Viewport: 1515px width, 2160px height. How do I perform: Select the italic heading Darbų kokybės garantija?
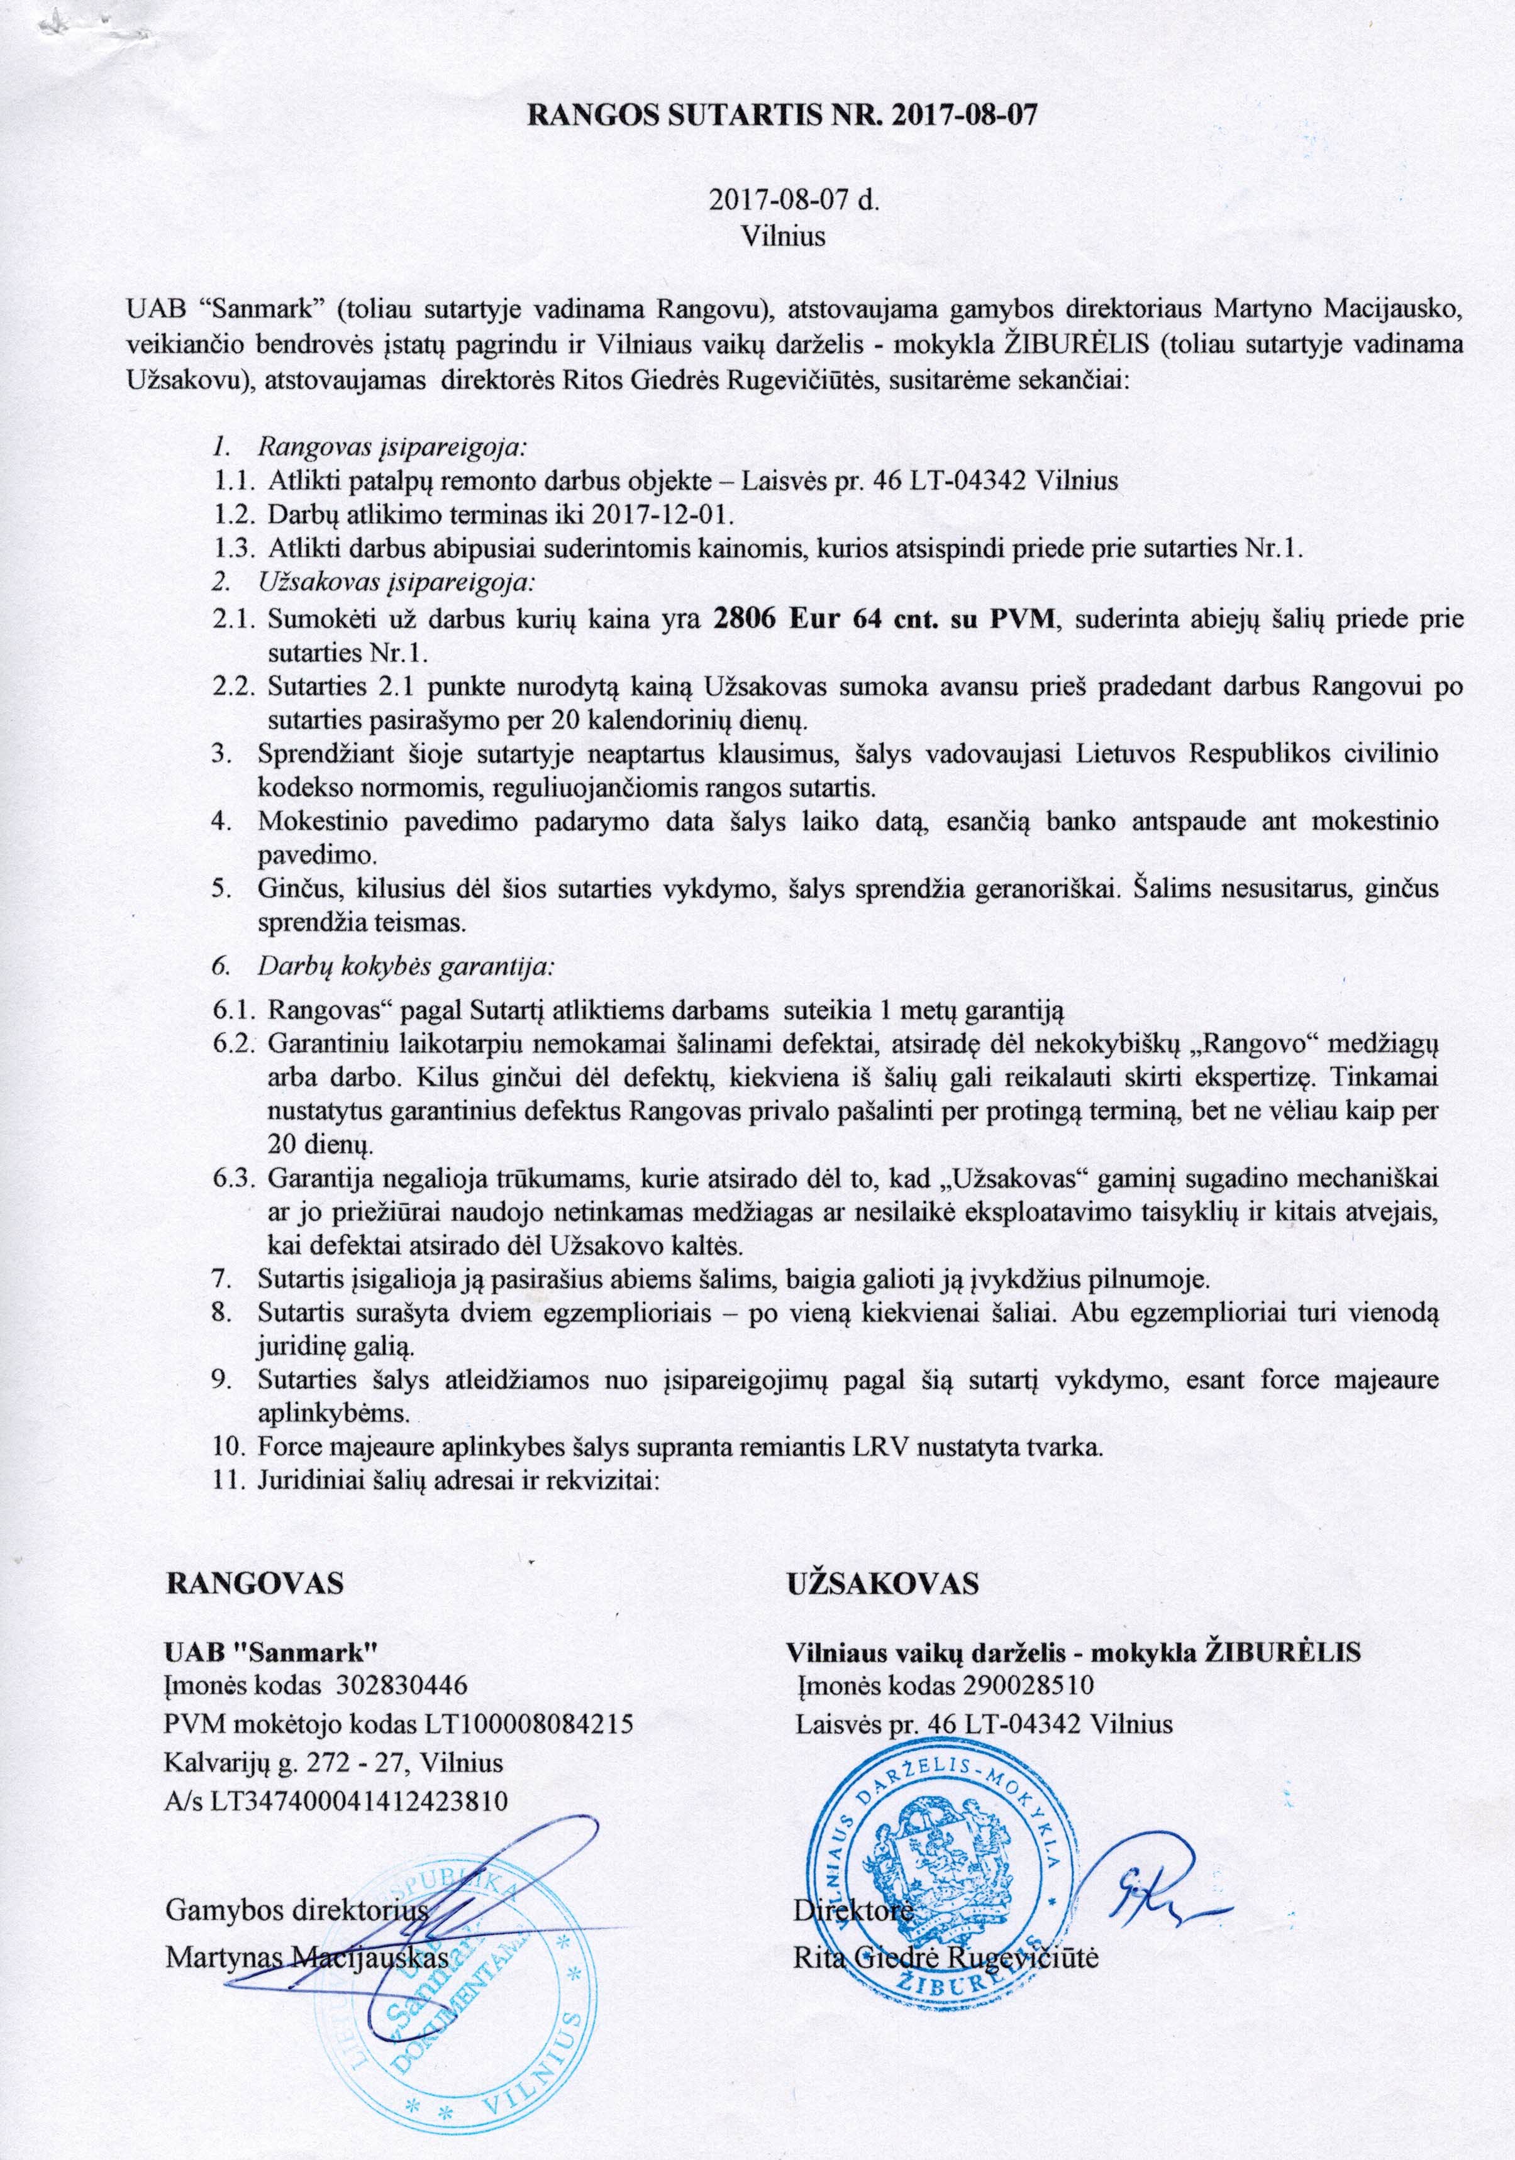point(406,965)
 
